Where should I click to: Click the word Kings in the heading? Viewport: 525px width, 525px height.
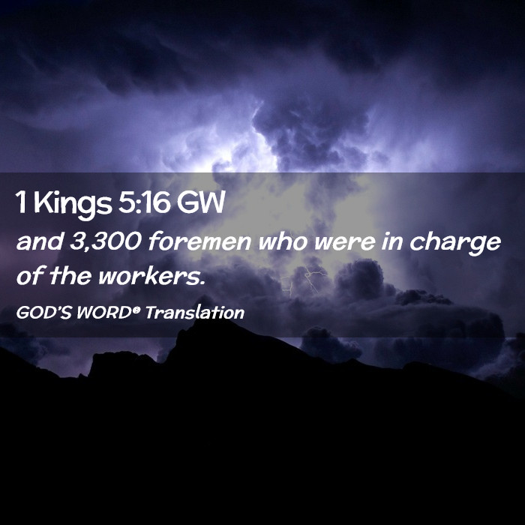click(73, 204)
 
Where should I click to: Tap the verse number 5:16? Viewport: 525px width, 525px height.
click(144, 202)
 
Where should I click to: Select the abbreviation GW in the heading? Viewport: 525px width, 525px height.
click(200, 202)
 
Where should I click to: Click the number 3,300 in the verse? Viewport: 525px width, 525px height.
click(106, 242)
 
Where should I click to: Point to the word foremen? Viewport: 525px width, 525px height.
click(199, 241)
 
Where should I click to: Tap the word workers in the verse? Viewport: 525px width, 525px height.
click(150, 277)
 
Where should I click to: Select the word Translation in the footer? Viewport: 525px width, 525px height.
click(195, 313)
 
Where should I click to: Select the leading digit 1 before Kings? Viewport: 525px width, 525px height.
click(22, 202)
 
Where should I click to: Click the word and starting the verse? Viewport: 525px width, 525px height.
click(40, 241)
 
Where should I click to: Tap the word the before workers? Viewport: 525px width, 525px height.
click(70, 276)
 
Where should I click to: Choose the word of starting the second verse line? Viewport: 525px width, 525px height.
click(30, 276)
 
